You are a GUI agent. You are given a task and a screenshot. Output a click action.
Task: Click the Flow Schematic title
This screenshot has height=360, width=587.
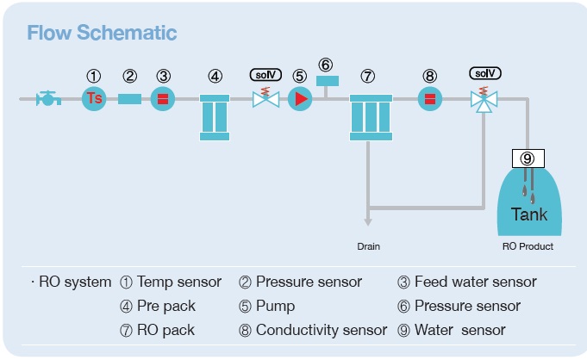coord(102,33)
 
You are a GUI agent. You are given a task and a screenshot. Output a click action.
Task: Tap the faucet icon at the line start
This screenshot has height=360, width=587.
coord(48,98)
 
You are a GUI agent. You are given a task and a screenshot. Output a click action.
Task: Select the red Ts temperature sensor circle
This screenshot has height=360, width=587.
coord(94,99)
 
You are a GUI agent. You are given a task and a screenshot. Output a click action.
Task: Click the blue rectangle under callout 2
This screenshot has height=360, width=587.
coord(129,99)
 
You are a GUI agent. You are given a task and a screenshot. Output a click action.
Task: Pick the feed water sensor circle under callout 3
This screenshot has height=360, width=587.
coord(162,99)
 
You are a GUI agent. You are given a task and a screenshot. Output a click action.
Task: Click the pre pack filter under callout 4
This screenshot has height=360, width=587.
coord(215,117)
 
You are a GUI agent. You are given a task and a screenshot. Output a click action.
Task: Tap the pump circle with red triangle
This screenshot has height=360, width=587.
coord(300,99)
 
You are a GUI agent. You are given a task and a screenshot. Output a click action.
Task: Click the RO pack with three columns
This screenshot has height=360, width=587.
coord(371,117)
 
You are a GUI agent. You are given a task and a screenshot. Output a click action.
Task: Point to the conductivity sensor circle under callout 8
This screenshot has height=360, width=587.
coord(430,99)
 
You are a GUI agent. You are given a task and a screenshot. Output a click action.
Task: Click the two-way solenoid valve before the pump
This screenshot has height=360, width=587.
coord(265,98)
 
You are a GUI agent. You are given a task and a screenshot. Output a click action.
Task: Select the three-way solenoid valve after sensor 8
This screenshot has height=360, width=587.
coord(484,100)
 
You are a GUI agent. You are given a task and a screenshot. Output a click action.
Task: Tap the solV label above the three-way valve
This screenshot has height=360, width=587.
coord(485,73)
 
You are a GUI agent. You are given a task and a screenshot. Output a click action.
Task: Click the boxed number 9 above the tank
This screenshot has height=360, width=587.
coord(528,158)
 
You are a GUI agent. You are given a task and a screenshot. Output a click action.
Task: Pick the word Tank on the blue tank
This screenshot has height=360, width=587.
coord(529,214)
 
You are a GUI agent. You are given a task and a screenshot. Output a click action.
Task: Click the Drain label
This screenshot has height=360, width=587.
coord(368,246)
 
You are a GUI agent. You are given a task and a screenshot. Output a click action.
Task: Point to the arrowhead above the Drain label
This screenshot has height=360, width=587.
coord(368,222)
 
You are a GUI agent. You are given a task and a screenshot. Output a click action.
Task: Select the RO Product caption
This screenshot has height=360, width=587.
coord(528,246)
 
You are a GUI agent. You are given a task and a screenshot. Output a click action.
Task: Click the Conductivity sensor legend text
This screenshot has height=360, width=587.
coord(322,330)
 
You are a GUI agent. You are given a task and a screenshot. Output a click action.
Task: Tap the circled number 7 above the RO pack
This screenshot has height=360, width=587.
coord(367,77)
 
